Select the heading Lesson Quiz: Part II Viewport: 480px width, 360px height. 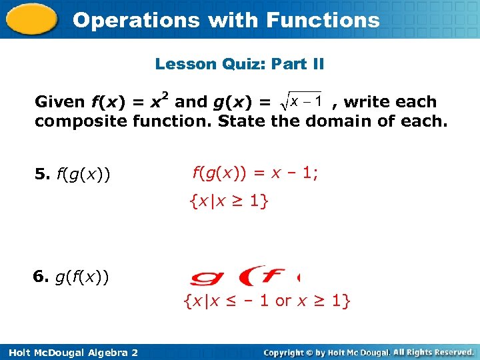(239, 64)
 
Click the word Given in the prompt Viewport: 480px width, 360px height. (59, 102)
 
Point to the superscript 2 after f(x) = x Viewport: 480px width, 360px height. (165, 95)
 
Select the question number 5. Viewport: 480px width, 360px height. (41, 175)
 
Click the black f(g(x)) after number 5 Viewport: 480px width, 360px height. (83, 175)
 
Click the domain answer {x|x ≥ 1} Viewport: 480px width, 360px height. (229, 200)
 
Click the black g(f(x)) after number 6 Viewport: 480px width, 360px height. (83, 276)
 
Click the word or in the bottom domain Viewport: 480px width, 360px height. (283, 301)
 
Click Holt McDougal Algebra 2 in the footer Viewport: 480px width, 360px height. (69, 352)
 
